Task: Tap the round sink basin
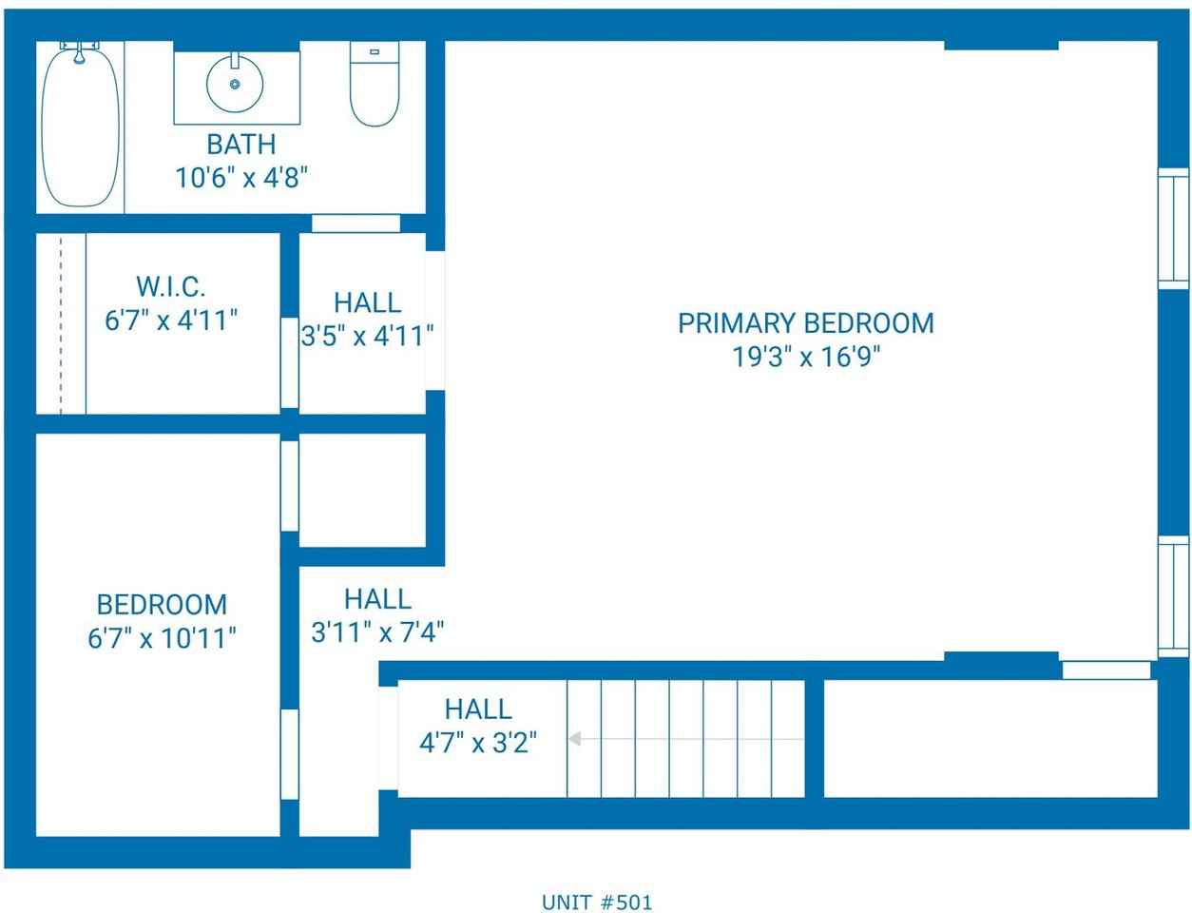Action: click(x=235, y=85)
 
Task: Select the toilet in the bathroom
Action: click(x=375, y=84)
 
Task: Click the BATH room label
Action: click(x=241, y=145)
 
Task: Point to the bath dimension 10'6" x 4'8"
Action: click(x=241, y=178)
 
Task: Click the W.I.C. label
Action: click(x=170, y=286)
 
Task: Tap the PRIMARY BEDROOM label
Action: click(x=806, y=323)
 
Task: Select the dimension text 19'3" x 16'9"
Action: click(x=806, y=357)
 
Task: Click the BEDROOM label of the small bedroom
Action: click(x=162, y=605)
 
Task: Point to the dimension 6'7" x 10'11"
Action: click(x=162, y=638)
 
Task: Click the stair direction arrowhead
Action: click(x=575, y=739)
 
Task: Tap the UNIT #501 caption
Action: click(x=597, y=903)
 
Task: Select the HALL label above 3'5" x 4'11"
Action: click(x=368, y=302)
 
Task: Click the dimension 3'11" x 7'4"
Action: click(x=377, y=632)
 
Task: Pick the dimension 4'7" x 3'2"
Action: click(x=478, y=743)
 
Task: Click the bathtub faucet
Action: click(x=80, y=51)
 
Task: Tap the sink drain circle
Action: click(x=235, y=85)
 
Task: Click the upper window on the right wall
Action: click(x=1173, y=228)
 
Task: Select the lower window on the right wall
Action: click(x=1173, y=596)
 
